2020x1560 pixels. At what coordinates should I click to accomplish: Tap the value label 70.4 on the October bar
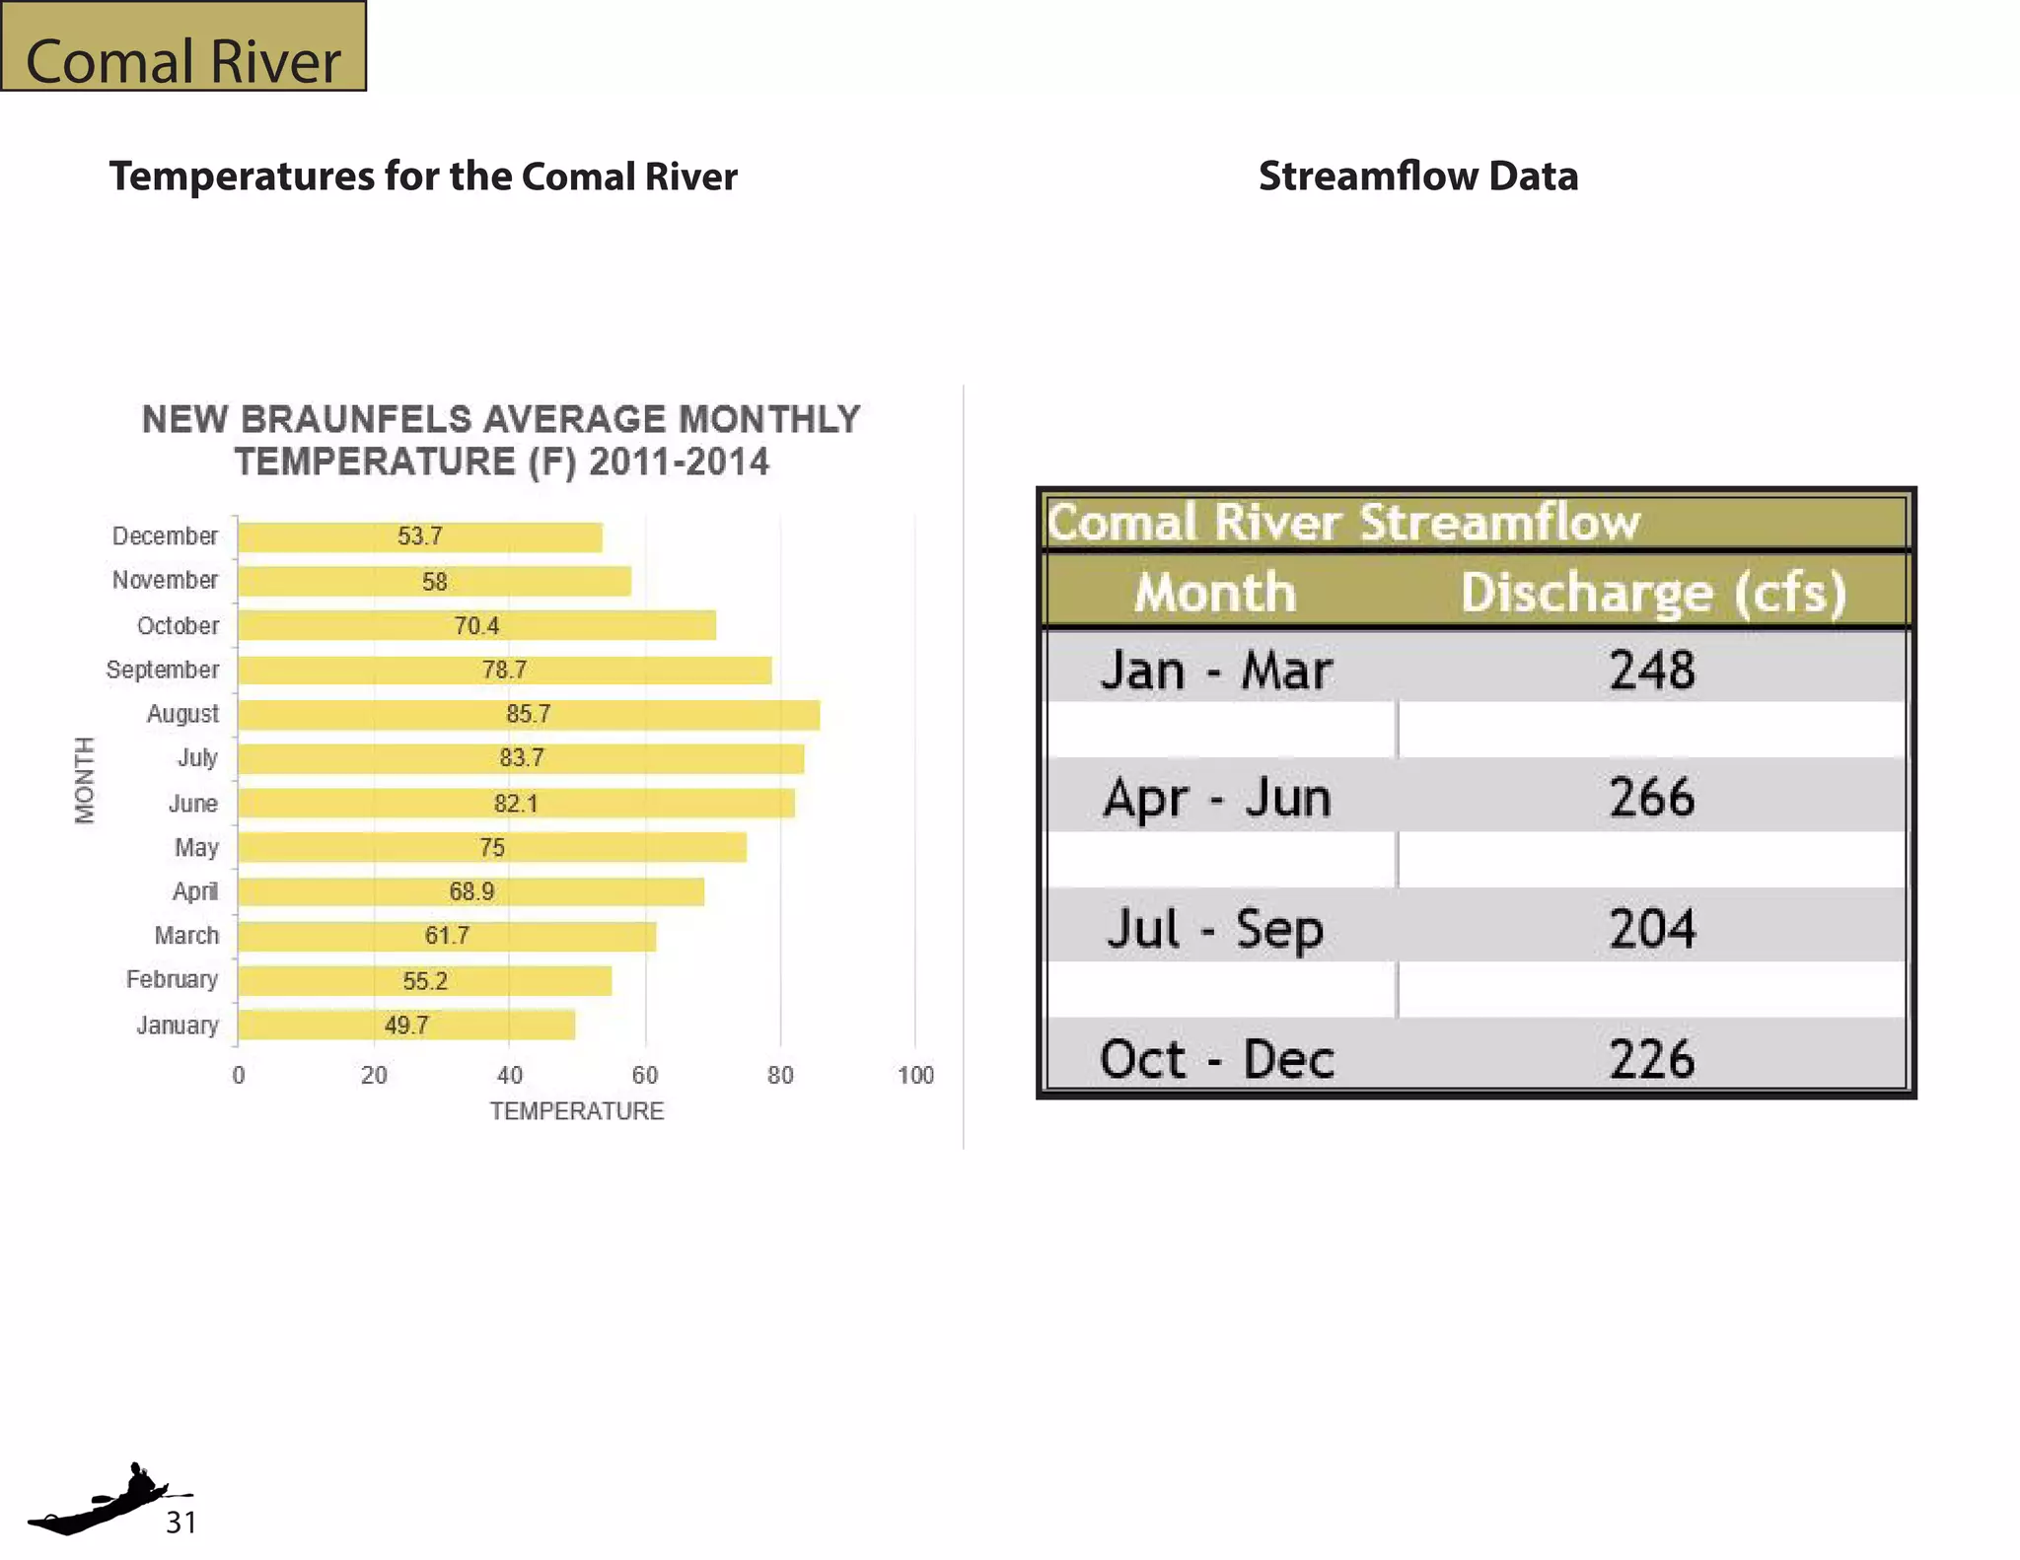click(x=476, y=626)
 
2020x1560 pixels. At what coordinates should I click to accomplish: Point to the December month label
click(x=165, y=536)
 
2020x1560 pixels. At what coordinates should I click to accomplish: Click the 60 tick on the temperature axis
click(x=645, y=1075)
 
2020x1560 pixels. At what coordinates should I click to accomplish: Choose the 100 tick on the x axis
click(x=915, y=1075)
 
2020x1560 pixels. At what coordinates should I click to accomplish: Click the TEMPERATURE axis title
click(x=577, y=1111)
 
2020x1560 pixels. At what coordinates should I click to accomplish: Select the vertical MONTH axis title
click(x=86, y=779)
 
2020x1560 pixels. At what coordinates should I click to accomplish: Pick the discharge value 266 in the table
click(x=1652, y=797)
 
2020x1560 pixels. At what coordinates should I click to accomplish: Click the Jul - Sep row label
click(x=1215, y=929)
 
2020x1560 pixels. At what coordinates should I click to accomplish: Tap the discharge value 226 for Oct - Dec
click(x=1652, y=1059)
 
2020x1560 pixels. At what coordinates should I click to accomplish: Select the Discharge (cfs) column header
click(x=1653, y=593)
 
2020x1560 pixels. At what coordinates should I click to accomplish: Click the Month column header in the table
click(x=1215, y=593)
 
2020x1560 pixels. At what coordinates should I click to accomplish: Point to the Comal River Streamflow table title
click(x=1343, y=522)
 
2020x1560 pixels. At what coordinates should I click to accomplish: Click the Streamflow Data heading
click(x=1418, y=177)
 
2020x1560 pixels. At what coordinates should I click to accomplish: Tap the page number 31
click(x=180, y=1523)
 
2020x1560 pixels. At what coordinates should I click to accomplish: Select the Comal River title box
click(x=183, y=47)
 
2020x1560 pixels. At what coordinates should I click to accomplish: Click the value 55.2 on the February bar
click(x=425, y=981)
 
